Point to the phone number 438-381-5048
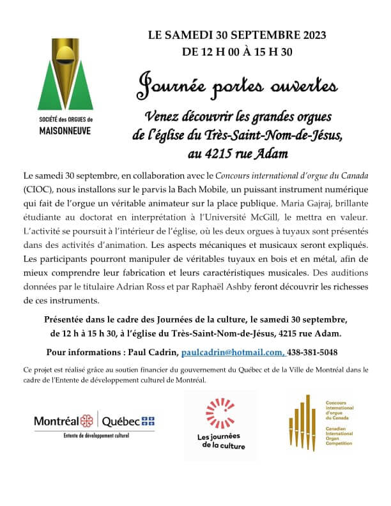[x=311, y=352]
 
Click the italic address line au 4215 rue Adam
[x=238, y=153]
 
